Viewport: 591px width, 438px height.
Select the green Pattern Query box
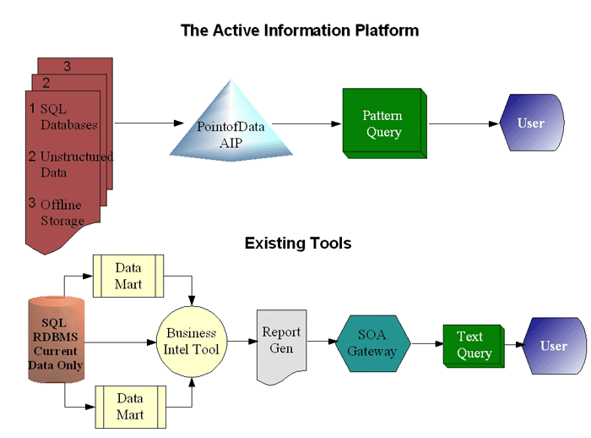pos(385,123)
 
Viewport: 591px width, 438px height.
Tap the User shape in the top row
pos(532,123)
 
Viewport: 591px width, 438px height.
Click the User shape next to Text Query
pos(555,346)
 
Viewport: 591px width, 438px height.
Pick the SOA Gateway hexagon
pos(373,343)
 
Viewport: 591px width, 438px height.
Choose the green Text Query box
pos(474,346)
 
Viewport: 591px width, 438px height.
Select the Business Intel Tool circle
pos(192,342)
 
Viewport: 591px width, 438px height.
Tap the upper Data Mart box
pos(128,276)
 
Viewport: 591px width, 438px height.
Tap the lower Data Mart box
pos(130,407)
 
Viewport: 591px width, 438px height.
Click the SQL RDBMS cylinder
pos(57,339)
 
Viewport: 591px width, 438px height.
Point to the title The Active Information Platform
pos(300,30)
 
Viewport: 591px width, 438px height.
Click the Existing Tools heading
pos(298,244)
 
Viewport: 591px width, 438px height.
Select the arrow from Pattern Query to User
pos(464,123)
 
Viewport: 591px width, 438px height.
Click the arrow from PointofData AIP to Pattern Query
pos(306,123)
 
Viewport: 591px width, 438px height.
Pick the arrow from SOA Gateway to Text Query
pos(428,343)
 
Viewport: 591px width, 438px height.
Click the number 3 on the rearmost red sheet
pos(67,67)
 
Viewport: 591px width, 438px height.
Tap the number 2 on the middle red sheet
pos(46,83)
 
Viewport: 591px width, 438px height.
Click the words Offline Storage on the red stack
pos(62,212)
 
